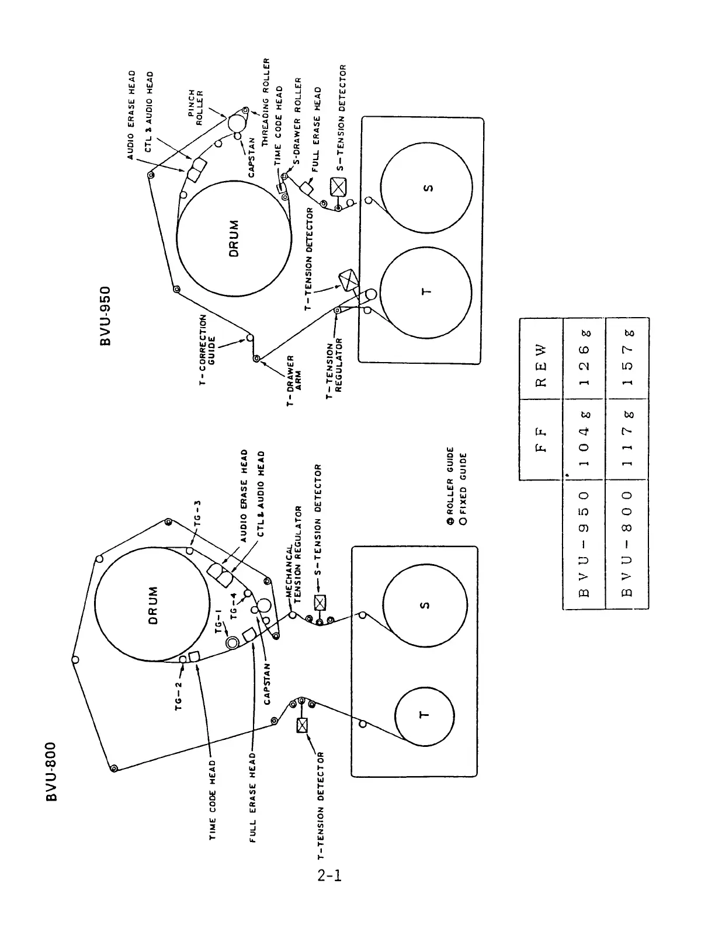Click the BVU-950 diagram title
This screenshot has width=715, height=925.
click(106, 315)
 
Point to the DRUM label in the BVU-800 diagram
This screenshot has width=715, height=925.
click(152, 606)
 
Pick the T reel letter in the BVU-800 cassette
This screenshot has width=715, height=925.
click(425, 714)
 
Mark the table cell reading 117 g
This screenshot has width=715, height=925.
click(627, 440)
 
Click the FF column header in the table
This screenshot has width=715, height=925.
click(540, 440)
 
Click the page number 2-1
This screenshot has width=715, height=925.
click(330, 875)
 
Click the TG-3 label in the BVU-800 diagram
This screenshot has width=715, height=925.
click(197, 513)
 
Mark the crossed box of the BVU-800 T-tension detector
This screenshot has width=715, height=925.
click(303, 725)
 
